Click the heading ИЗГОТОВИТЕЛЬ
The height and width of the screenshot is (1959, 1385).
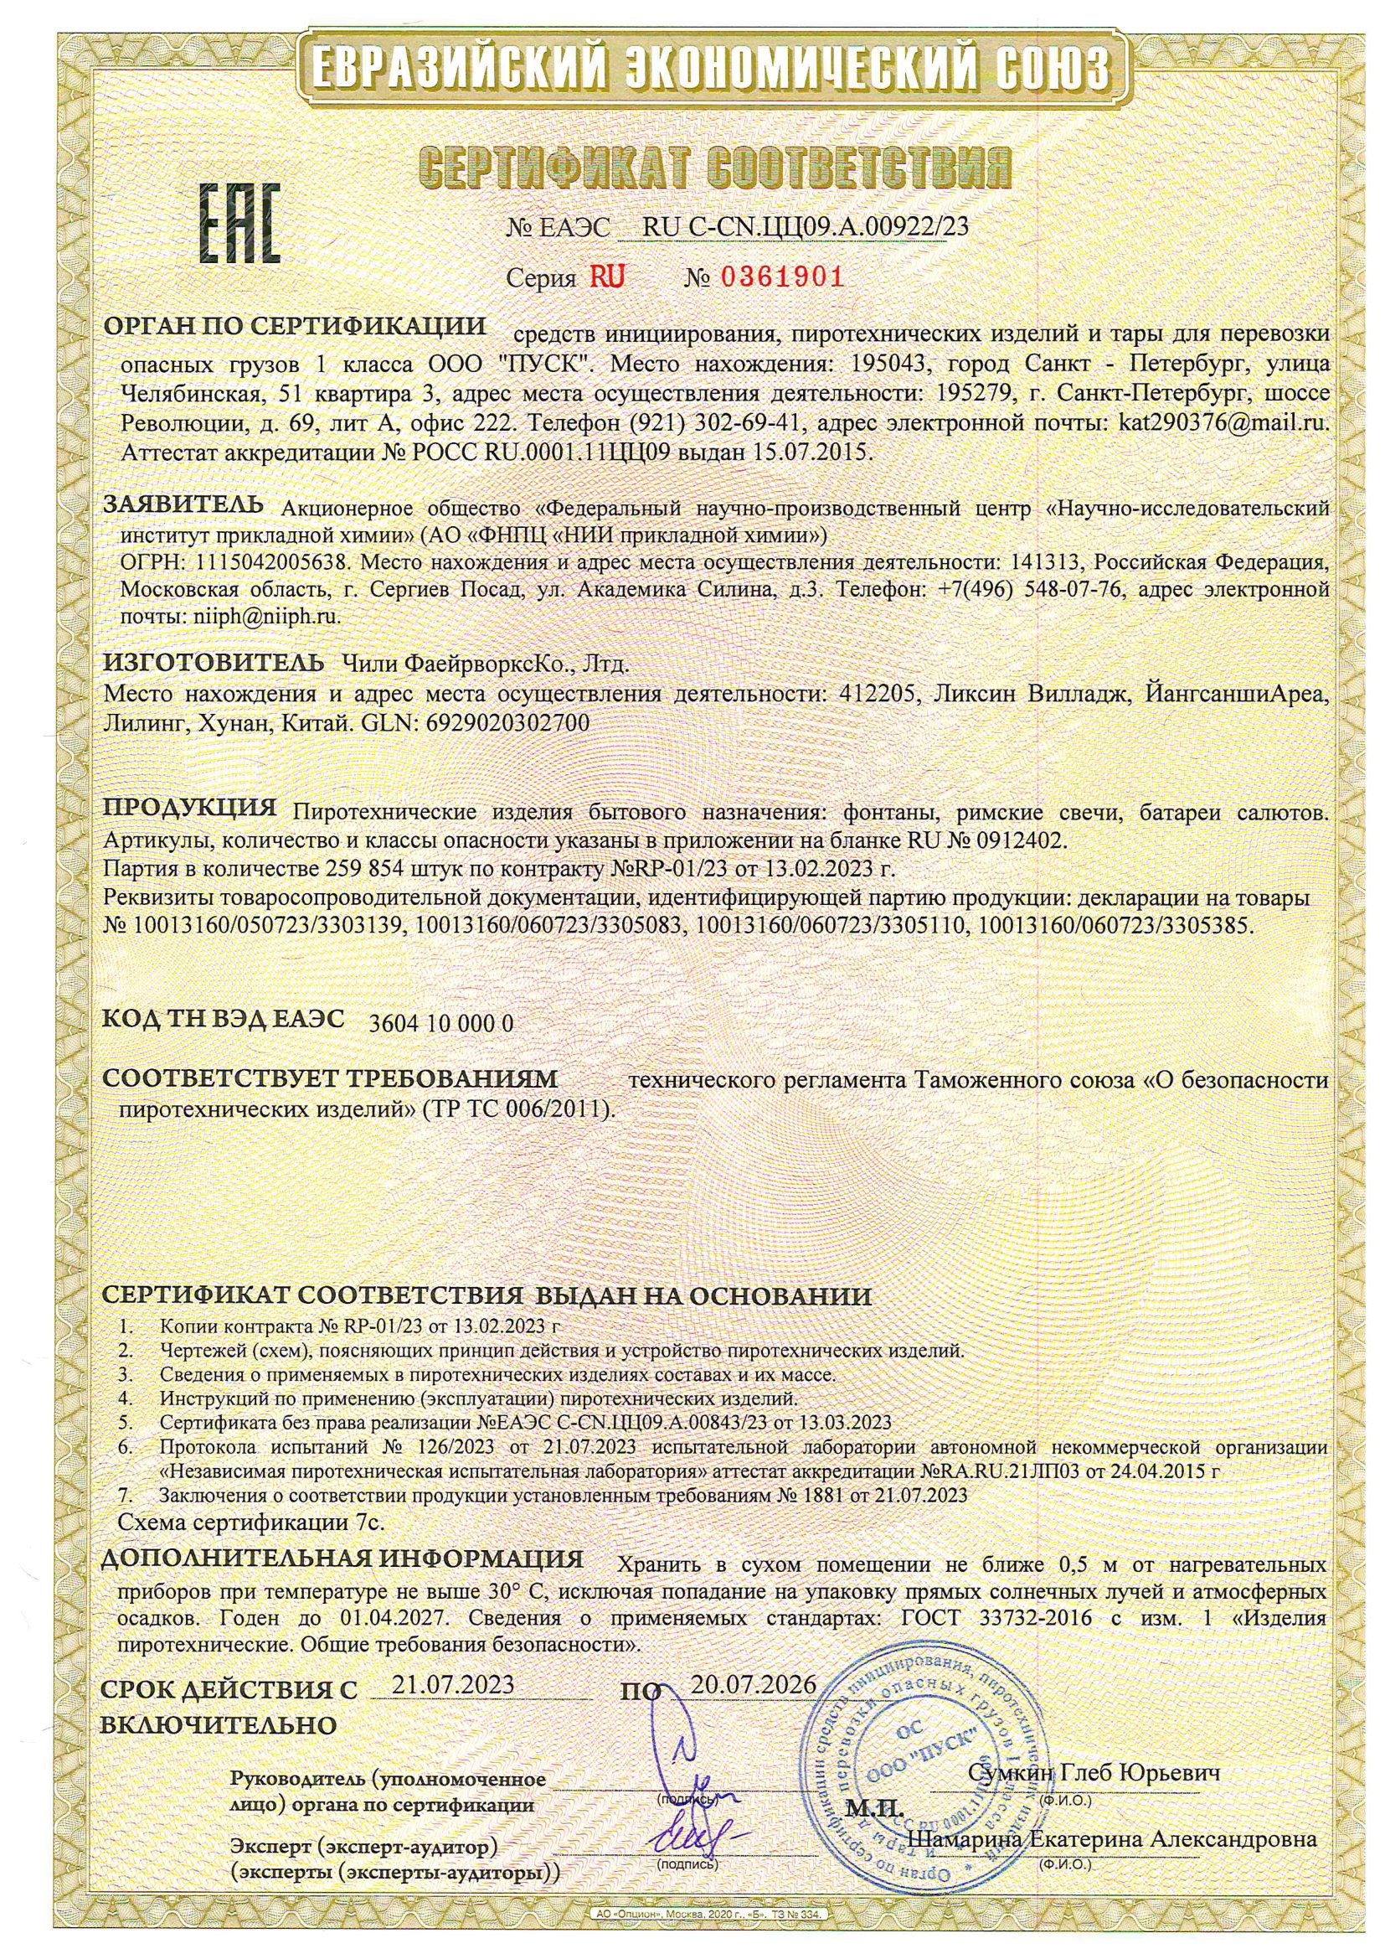(x=214, y=662)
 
